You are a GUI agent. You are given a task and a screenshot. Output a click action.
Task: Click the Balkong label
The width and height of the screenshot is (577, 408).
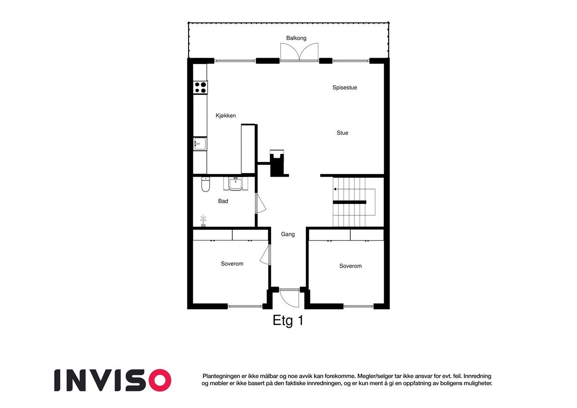[296, 38]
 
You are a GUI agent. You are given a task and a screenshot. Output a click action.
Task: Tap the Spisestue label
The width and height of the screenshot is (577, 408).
[344, 88]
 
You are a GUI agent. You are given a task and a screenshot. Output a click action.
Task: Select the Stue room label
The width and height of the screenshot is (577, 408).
[342, 133]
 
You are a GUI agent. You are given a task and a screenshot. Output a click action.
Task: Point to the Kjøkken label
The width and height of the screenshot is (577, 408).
[225, 115]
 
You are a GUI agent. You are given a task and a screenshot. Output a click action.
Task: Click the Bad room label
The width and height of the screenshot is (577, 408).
[223, 201]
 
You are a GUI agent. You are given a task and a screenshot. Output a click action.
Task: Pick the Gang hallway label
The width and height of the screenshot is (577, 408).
[288, 234]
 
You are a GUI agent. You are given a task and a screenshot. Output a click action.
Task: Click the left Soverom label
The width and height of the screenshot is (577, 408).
[232, 264]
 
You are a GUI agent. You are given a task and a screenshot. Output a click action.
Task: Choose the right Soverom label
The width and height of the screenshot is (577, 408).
[350, 266]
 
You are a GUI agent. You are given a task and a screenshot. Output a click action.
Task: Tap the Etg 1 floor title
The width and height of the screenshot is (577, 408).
[288, 321]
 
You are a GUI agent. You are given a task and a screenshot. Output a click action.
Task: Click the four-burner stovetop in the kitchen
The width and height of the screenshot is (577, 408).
[201, 88]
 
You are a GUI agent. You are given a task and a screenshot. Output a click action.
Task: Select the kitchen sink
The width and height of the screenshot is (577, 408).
[200, 144]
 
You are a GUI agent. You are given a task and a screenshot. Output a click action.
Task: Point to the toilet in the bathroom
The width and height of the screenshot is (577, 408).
[205, 185]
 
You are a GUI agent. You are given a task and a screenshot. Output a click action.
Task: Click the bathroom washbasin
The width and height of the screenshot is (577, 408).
[236, 183]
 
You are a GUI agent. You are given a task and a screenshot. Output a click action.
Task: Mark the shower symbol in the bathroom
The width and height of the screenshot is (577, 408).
[203, 221]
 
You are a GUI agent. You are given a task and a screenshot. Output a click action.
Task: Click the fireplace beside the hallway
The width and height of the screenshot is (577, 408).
[277, 163]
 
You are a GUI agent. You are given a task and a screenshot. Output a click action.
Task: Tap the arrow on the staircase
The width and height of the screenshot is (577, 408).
[336, 189]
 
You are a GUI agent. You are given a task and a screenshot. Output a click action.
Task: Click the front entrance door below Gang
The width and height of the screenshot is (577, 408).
[290, 297]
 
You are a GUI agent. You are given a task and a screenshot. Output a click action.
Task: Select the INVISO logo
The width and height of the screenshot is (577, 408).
[113, 380]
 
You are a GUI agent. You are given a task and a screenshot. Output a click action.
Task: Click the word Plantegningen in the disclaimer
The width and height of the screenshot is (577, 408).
[222, 376]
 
